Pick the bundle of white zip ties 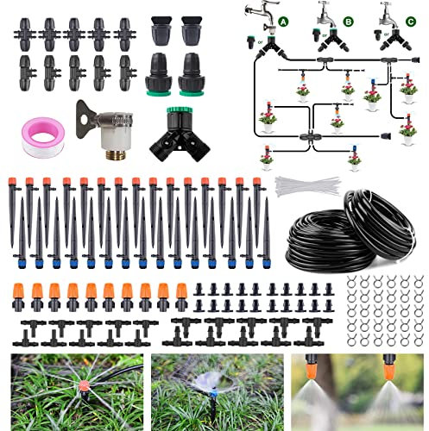[x=307, y=184]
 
